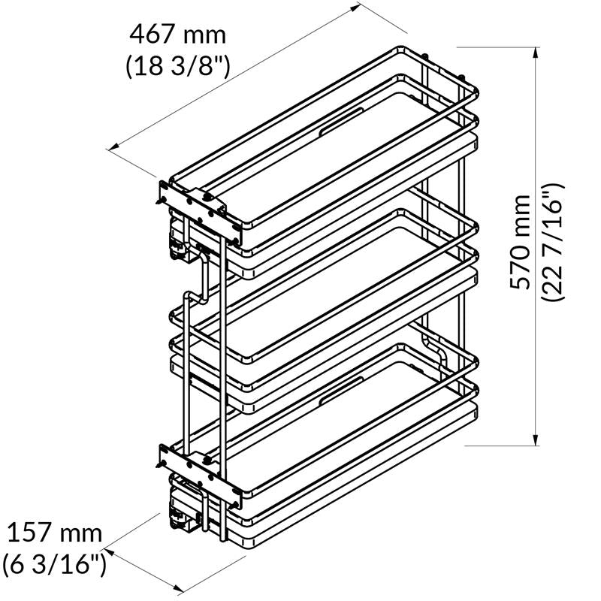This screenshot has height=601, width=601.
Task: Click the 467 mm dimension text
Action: pyautogui.click(x=177, y=35)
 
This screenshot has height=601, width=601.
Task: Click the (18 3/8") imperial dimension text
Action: pyautogui.click(x=177, y=66)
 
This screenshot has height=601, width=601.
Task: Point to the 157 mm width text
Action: pyautogui.click(x=54, y=534)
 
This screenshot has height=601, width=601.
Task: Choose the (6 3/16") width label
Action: pyautogui.click(x=54, y=563)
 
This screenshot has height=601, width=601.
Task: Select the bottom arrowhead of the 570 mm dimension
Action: pyautogui.click(x=536, y=440)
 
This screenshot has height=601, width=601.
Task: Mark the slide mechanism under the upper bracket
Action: pyautogui.click(x=180, y=244)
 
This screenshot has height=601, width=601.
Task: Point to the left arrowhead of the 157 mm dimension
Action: pyautogui.click(x=106, y=545)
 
